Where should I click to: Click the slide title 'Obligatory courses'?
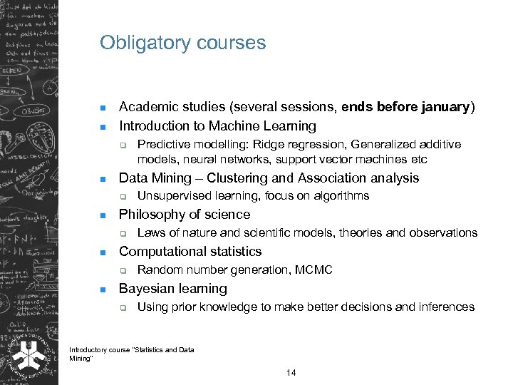(x=182, y=43)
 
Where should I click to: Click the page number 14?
(x=290, y=374)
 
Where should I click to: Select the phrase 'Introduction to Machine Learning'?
(x=217, y=126)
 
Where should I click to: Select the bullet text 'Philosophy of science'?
(x=185, y=215)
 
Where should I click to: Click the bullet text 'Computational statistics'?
(x=190, y=252)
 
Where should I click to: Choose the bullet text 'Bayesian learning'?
(x=173, y=289)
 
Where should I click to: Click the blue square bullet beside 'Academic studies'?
(x=103, y=108)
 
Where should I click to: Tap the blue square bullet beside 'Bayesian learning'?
(x=103, y=289)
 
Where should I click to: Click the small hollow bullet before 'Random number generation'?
(x=123, y=270)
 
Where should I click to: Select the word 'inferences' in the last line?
(x=446, y=307)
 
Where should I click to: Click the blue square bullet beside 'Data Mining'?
(x=103, y=179)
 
